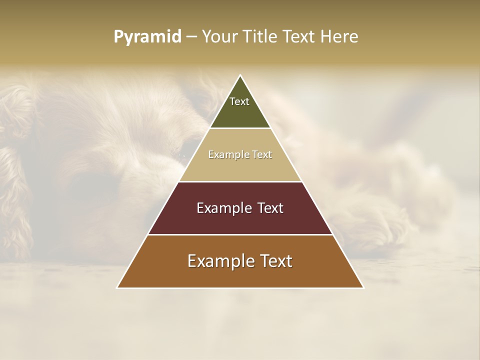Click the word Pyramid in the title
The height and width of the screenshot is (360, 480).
pos(147,37)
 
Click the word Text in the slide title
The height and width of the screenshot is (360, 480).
pos(300,37)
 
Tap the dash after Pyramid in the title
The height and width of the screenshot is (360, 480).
pos(191,37)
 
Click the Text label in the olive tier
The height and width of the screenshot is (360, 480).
pos(239,101)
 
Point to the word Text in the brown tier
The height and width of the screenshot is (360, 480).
pos(275,261)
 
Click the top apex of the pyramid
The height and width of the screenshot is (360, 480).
pos(240,76)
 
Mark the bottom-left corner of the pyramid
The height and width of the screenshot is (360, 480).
pos(118,287)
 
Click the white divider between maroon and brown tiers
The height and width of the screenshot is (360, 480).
pos(240,234)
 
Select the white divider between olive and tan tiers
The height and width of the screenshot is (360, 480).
pos(240,128)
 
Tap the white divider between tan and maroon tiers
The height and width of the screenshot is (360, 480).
pos(240,181)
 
